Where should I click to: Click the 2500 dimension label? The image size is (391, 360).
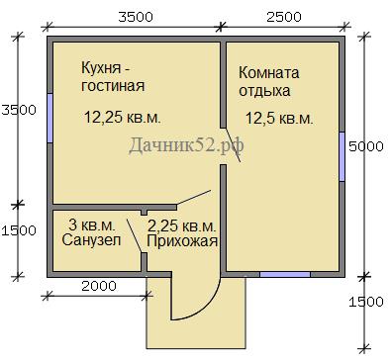pos(284,17)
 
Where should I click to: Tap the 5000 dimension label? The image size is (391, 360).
pos(366,146)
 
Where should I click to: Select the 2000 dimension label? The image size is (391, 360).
pos(99,286)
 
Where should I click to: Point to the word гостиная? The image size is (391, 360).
pos(113,86)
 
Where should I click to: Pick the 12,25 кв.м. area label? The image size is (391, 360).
pos(123,117)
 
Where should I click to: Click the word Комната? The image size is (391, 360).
pos(269,72)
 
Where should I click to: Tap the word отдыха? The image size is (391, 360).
pos(264,91)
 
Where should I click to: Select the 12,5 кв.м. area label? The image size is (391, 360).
pos(279,119)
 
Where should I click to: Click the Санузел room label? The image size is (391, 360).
pos(91,240)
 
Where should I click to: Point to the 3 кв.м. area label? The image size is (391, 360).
pos(92,225)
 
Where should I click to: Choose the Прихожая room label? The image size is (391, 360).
pos(182,241)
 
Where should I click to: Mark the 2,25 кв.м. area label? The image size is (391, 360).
pos(182,226)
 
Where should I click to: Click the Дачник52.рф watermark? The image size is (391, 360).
pos(186,144)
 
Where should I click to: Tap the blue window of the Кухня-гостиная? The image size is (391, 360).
pos(49,119)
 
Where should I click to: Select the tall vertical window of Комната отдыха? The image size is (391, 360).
pos(342,156)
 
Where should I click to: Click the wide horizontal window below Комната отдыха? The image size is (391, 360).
pos(285,274)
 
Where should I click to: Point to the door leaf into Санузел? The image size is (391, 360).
pos(135,235)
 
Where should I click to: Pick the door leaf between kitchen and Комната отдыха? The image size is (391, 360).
pos(233,144)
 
